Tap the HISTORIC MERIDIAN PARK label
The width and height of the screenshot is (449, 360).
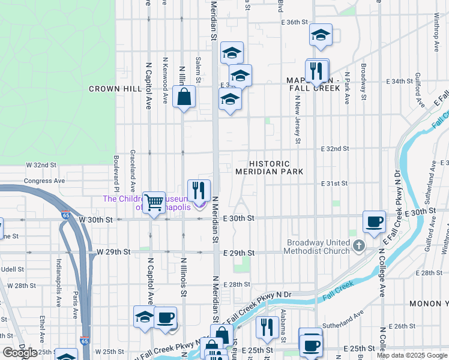pos(269,167)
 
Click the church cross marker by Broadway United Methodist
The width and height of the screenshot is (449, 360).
pos(358,245)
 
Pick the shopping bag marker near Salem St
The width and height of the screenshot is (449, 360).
pos(184,96)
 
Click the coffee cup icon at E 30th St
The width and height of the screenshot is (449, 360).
pos(374,221)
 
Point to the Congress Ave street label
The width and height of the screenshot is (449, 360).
pos(44,180)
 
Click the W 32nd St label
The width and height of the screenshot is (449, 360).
pos(41,164)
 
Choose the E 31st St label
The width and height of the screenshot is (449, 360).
pos(334,183)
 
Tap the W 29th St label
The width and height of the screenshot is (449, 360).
pos(113,252)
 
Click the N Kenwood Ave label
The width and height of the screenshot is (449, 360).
pos(165,80)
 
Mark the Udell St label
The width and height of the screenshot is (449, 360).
pos(11,269)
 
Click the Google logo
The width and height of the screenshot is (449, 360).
pos(20,353)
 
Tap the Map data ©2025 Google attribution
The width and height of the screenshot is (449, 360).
pos(412,355)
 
